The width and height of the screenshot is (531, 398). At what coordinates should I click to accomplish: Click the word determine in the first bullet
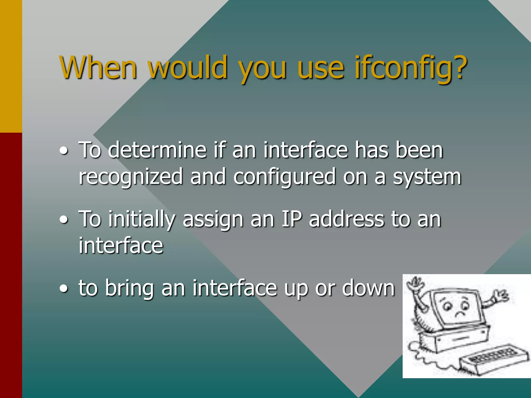[x=157, y=150]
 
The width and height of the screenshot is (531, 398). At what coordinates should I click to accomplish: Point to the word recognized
[x=131, y=177]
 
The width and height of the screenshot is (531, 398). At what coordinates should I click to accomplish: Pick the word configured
[x=284, y=177]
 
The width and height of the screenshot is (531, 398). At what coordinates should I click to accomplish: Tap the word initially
[x=142, y=219]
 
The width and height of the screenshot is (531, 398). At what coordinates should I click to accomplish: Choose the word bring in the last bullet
[x=129, y=288]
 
